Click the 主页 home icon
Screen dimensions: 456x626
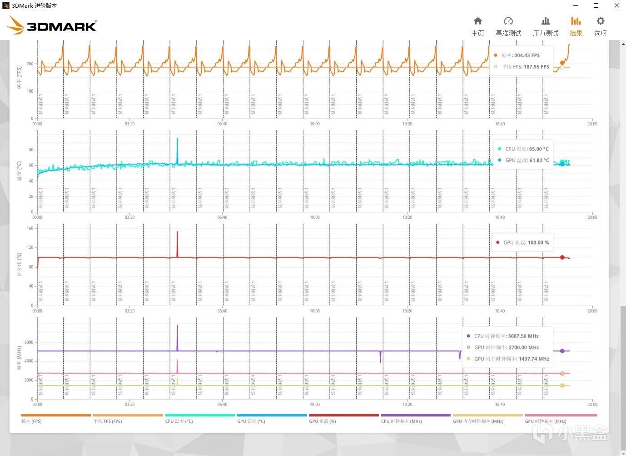477,21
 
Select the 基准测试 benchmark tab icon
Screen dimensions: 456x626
508,21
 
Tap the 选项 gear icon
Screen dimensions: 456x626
600,21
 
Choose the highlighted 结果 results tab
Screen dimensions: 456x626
576,27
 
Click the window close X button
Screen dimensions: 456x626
616,6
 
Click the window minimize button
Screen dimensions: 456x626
576,6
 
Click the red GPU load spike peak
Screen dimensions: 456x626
177,233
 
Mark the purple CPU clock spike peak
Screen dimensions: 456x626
177,326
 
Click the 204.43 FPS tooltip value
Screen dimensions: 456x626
527,55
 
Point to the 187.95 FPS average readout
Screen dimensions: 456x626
536,67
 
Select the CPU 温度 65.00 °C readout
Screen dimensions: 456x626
539,149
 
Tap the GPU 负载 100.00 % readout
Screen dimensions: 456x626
538,242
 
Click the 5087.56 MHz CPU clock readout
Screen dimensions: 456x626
523,336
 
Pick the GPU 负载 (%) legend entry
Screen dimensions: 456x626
323,421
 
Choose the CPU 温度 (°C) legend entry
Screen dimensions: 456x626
179,421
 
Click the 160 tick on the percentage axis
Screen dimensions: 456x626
30,228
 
